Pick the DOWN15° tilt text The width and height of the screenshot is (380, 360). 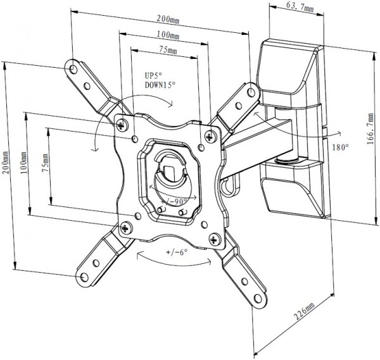click(x=158, y=84)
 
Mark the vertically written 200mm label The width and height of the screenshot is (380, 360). click(x=6, y=165)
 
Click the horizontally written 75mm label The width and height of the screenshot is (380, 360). click(x=167, y=50)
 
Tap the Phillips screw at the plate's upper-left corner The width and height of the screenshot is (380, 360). click(x=122, y=123)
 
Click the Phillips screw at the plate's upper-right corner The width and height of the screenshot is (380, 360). click(x=209, y=133)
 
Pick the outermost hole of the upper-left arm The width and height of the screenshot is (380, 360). click(x=74, y=68)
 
